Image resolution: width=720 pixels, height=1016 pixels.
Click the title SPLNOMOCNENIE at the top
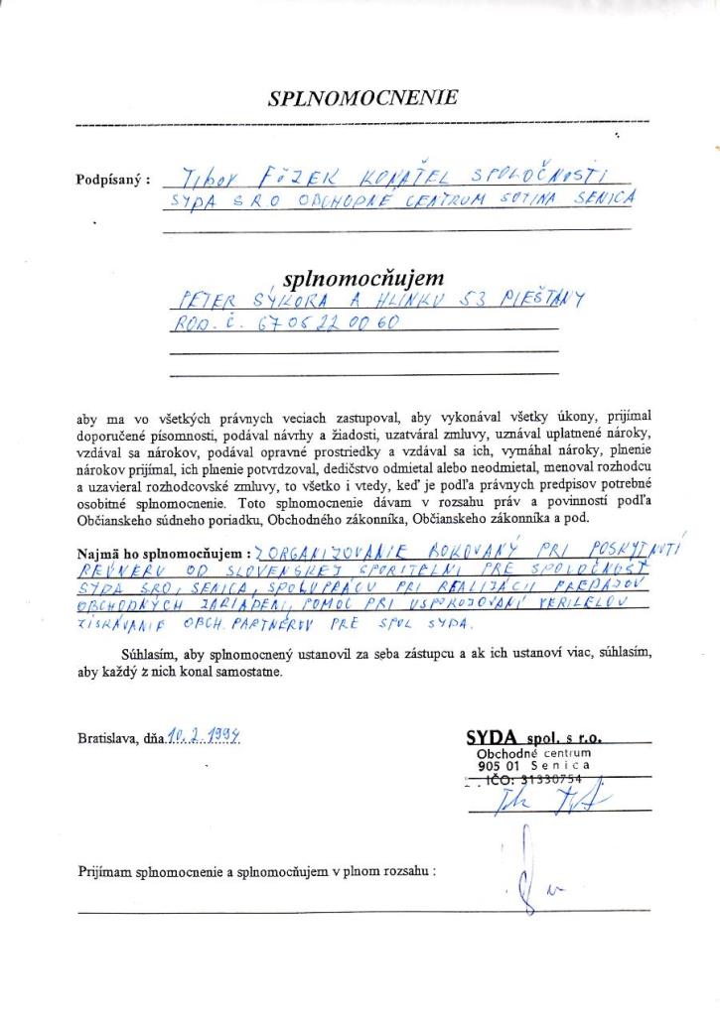click(x=362, y=97)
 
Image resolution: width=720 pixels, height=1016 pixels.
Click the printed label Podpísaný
click(x=112, y=181)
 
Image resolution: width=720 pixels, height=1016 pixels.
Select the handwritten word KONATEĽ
click(x=383, y=177)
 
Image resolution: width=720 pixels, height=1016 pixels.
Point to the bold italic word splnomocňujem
click(x=363, y=279)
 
